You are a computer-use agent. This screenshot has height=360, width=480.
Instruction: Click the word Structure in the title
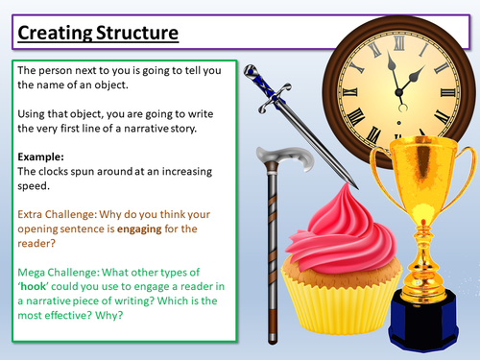[135, 34]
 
